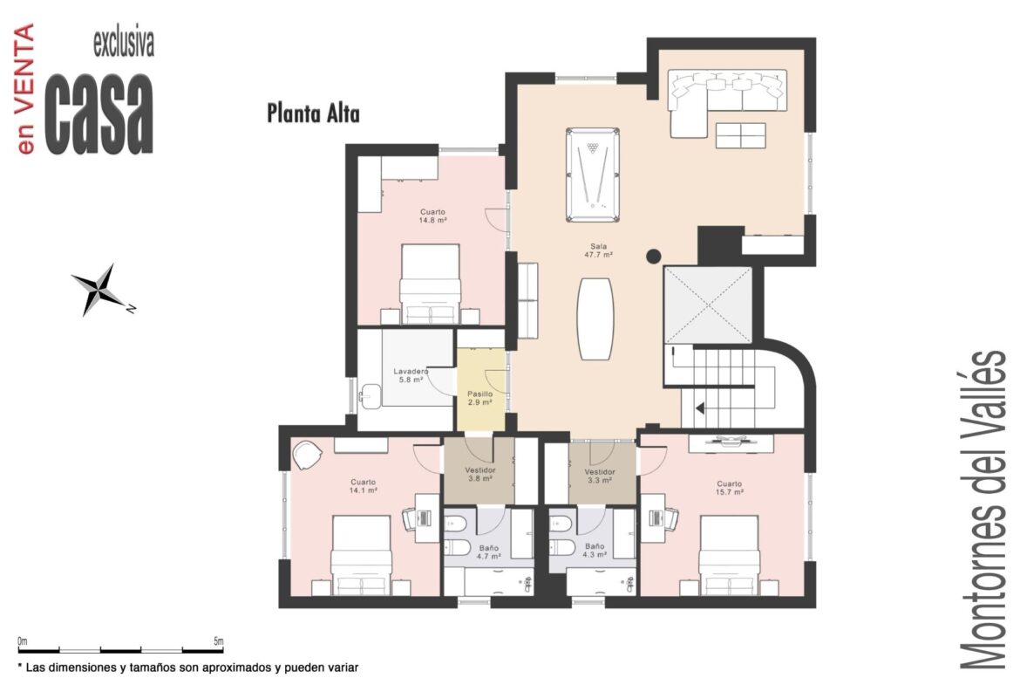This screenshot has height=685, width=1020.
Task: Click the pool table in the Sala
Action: click(592, 175)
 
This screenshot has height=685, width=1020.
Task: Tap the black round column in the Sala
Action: click(654, 256)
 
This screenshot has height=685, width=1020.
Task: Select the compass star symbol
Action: click(99, 290)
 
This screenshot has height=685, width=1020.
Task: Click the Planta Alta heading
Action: click(313, 113)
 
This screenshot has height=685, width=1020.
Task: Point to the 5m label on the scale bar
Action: click(218, 640)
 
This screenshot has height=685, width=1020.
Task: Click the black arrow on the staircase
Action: click(701, 408)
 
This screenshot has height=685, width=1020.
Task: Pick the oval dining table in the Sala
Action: click(595, 319)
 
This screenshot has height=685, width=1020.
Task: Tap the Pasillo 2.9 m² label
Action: click(480, 398)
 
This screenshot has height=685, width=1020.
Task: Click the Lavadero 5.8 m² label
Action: click(411, 376)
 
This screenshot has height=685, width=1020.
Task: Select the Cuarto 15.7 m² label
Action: click(729, 488)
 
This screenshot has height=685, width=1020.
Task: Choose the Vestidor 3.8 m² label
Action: click(480, 474)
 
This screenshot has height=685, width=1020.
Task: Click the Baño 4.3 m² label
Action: click(595, 551)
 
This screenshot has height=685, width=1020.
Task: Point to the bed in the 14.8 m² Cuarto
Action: click(430, 284)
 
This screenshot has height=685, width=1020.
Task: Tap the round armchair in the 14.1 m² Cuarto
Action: click(306, 455)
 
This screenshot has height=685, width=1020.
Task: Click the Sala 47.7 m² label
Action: click(598, 250)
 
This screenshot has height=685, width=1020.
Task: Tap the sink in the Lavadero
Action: click(372, 396)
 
